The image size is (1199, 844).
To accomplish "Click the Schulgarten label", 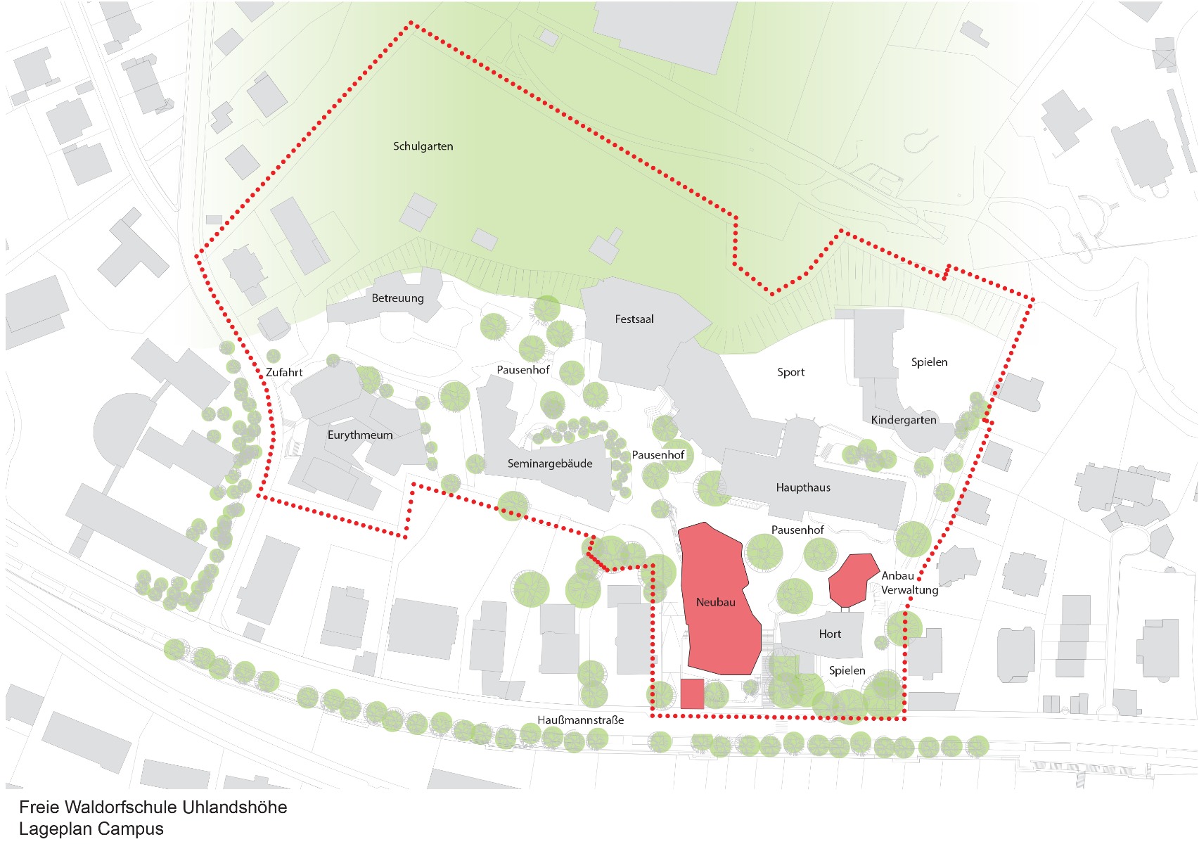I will tap(423, 146).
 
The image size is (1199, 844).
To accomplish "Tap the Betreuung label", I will tap(397, 298).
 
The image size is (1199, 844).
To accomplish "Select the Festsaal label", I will tap(634, 319).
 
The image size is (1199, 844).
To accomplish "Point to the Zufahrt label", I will tap(284, 373).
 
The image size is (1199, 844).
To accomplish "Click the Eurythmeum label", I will tap(360, 435).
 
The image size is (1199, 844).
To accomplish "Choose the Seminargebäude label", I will tap(550, 463).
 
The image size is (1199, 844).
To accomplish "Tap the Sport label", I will tap(790, 372).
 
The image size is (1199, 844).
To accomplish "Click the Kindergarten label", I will tap(904, 421).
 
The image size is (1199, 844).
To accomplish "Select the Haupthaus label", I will tap(803, 487).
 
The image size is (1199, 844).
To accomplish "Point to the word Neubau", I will tap(715, 602).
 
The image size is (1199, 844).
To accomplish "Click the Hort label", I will tap(830, 634).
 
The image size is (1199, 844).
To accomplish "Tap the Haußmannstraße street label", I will tap(580, 720).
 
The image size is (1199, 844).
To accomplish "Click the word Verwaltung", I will tap(909, 590).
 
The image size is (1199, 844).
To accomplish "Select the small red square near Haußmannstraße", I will tap(692, 694).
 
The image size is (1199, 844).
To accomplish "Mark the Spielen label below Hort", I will tap(847, 671).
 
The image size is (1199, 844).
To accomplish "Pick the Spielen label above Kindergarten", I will tap(929, 362).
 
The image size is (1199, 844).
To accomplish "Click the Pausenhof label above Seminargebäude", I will tap(522, 370).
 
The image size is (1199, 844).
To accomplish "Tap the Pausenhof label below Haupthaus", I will tap(797, 530).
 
